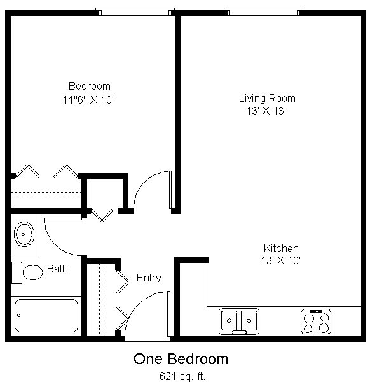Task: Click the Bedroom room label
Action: (x=90, y=86)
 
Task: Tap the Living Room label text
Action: (x=267, y=99)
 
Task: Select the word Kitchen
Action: (x=281, y=248)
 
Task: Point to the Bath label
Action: (x=57, y=269)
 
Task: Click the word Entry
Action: (x=149, y=278)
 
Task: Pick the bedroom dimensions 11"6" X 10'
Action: (x=88, y=100)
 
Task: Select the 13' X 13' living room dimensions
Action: (x=266, y=111)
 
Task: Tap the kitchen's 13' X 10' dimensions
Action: (x=281, y=260)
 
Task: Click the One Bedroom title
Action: (x=181, y=359)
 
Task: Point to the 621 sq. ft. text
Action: (x=182, y=376)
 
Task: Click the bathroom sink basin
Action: (x=24, y=234)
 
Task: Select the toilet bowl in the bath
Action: (x=33, y=272)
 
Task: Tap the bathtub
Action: (x=46, y=316)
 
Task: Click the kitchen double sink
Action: (x=239, y=321)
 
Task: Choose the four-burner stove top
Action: (x=316, y=321)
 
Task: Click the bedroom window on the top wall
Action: (x=135, y=11)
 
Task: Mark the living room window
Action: (x=263, y=11)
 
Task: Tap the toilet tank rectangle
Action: (x=17, y=272)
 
